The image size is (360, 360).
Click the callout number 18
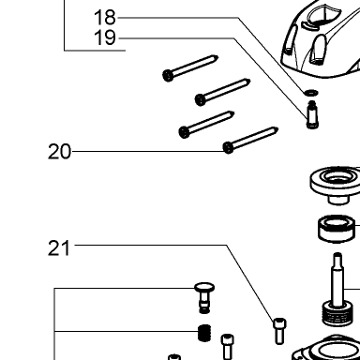(105, 18)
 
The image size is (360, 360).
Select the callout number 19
(105, 37)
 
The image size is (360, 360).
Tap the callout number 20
(59, 152)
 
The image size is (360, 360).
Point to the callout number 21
(59, 248)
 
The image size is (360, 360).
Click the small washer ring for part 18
(311, 93)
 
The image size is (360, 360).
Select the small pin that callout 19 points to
(312, 114)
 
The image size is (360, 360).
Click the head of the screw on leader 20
(229, 147)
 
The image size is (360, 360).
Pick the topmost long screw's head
(168, 75)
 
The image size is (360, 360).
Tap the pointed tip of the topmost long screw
(216, 57)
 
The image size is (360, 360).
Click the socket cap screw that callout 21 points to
(279, 331)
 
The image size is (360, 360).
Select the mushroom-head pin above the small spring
(204, 297)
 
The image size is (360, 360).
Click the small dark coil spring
(204, 333)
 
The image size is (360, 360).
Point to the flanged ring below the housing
(336, 185)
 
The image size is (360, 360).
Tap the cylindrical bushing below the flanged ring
(337, 229)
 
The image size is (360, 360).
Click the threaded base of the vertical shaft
(337, 314)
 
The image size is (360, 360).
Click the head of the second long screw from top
(201, 100)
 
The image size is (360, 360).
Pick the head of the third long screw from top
(185, 132)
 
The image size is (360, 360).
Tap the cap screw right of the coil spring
(228, 347)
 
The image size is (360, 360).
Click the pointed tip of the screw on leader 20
(276, 128)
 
